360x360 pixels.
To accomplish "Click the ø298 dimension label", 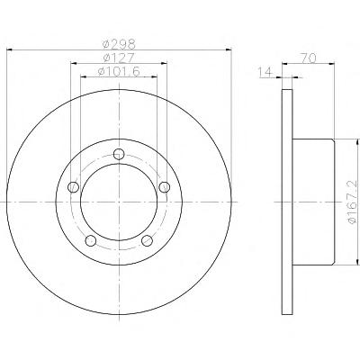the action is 119,45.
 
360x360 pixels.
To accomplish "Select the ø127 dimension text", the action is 119,58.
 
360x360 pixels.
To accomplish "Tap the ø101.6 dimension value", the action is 119,72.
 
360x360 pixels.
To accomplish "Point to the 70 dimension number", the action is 309,58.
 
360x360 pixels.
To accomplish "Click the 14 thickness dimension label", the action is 265,72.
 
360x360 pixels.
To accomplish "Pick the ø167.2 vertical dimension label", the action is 354,202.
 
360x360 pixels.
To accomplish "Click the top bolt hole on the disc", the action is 119,154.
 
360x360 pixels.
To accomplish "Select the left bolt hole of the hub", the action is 74,187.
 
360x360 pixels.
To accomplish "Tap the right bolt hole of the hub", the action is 165,187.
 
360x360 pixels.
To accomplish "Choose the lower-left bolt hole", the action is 91,240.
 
